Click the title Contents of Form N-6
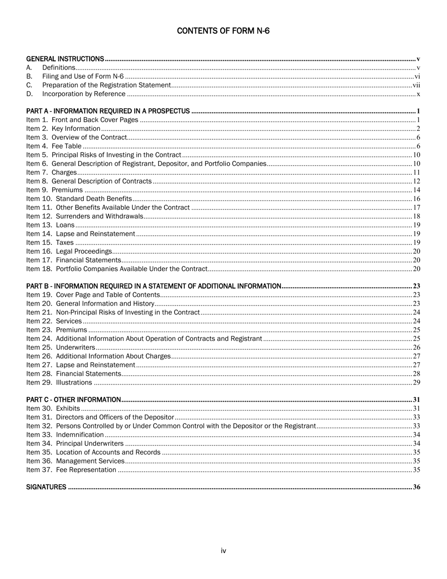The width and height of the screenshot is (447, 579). click(x=223, y=31)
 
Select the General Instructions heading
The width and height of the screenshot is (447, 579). click(x=65, y=59)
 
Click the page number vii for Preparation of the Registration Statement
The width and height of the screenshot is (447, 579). click(x=416, y=85)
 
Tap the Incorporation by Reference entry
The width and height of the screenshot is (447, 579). click(x=84, y=94)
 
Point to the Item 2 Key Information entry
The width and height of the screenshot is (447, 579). click(x=63, y=129)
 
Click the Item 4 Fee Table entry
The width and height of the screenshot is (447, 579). click(x=54, y=146)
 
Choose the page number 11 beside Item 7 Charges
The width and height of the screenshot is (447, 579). click(x=416, y=173)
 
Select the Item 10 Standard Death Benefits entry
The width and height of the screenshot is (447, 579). click(x=79, y=199)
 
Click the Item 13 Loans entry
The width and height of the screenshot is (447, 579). click(x=50, y=225)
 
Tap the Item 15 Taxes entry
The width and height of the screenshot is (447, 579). click(x=50, y=242)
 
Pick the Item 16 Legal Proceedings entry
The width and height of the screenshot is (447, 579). click(x=69, y=251)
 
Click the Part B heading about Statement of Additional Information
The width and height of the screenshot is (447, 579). click(x=154, y=286)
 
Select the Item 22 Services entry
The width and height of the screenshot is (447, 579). click(x=54, y=321)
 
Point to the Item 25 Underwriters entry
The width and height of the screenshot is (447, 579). click(x=61, y=347)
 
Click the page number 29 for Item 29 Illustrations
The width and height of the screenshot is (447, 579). click(x=416, y=382)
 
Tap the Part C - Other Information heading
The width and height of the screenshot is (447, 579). click(x=73, y=400)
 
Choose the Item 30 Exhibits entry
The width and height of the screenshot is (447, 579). click(x=53, y=409)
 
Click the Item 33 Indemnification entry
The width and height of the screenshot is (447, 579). click(x=65, y=434)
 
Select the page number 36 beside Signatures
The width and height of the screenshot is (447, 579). click(x=416, y=487)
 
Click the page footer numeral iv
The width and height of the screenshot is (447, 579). click(x=223, y=551)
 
